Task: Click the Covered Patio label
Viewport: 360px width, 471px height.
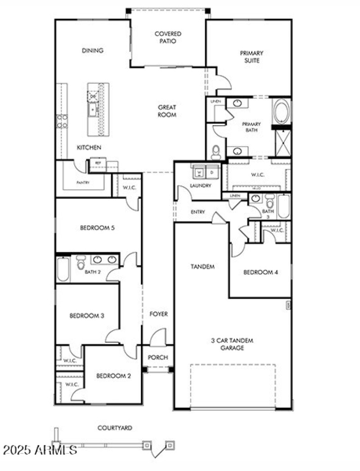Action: [167, 37]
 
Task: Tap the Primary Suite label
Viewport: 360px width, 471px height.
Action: [251, 57]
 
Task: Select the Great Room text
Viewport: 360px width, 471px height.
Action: [167, 111]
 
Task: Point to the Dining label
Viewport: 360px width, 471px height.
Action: [92, 51]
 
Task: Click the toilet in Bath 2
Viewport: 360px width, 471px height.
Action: [81, 262]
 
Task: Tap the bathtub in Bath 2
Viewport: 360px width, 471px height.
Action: [63, 269]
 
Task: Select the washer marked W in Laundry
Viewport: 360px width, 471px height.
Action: [198, 172]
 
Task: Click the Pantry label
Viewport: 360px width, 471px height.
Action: [82, 183]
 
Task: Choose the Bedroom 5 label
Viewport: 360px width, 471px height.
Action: [97, 228]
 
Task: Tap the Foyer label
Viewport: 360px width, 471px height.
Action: [158, 314]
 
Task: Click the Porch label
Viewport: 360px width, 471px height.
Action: [158, 358]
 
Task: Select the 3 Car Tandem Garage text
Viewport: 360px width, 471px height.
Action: [232, 344]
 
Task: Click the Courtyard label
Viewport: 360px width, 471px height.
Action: [115, 428]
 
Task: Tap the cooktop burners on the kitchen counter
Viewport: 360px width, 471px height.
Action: [62, 121]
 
